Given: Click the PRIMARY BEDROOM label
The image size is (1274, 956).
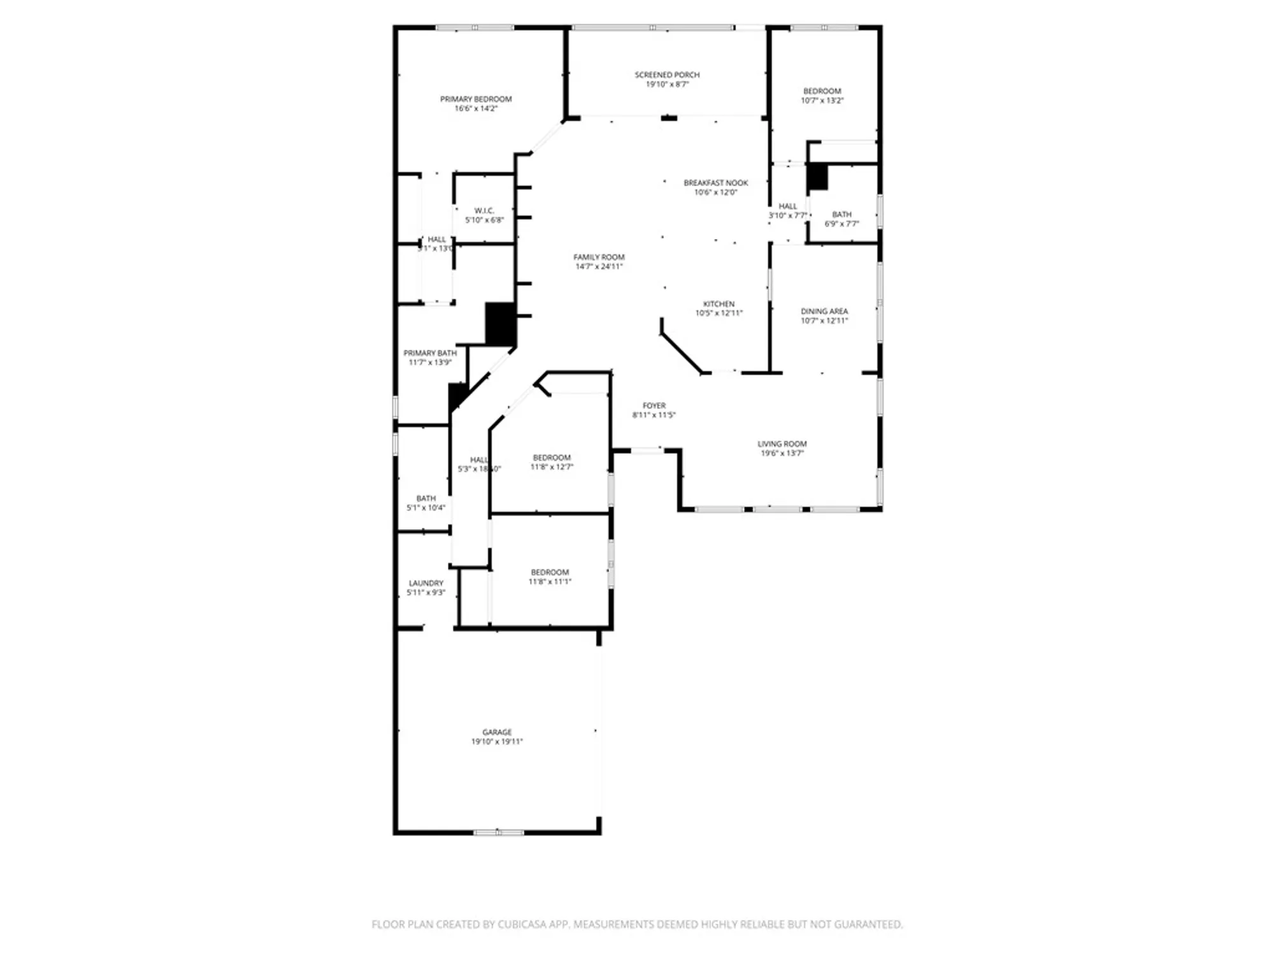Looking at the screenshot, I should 476,99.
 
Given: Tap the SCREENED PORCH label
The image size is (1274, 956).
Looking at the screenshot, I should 667,75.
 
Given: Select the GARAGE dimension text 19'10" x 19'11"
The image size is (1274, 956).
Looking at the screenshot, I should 497,742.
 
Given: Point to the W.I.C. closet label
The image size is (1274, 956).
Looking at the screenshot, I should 484,210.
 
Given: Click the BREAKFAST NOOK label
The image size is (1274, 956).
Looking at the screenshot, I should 715,183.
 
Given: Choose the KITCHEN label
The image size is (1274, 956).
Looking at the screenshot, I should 719,304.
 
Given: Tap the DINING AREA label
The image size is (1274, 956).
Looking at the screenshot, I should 824,311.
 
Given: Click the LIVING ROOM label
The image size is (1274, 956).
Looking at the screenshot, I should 782,444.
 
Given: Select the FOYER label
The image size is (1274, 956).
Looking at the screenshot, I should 654,405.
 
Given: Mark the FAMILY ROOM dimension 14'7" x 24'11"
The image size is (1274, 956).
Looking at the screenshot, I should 599,266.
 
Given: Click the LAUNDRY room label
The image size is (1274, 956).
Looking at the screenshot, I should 426,583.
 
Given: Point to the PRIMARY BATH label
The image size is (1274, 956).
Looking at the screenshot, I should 430,353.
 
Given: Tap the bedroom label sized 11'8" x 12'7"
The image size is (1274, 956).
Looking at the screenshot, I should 552,458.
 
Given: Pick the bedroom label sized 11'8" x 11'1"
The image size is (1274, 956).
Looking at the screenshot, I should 550,572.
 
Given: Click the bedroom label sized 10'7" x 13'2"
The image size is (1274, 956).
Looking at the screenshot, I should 822,91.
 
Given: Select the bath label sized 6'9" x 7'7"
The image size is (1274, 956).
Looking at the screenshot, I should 841,215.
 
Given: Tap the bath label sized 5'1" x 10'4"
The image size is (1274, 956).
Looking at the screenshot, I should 426,498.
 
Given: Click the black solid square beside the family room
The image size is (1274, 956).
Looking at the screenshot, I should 500,324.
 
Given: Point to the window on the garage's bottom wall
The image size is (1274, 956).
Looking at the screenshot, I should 498,832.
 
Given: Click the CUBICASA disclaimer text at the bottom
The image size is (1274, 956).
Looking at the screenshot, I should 637,924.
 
